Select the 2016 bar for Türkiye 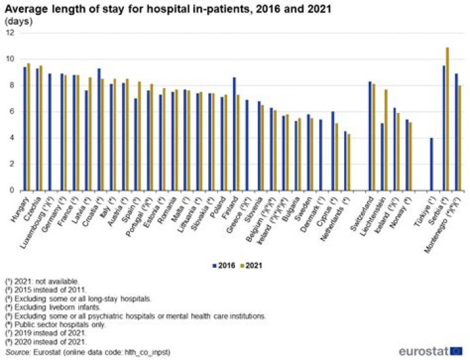pyautogui.click(x=431, y=164)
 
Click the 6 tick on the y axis pyautogui.click(x=10, y=112)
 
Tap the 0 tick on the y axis pyautogui.click(x=10, y=191)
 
